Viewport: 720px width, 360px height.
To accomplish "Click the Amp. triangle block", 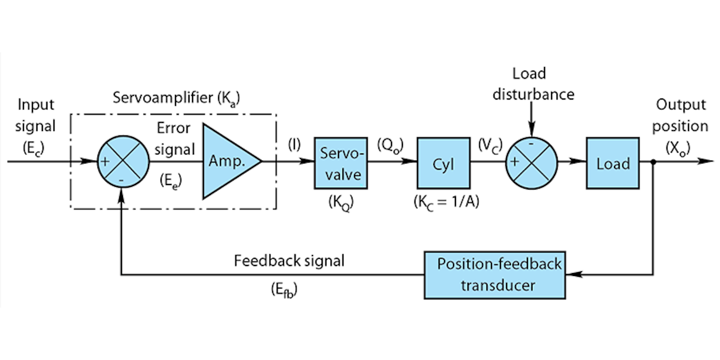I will tap(227, 162).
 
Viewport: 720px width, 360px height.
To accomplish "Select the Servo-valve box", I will tap(339, 163).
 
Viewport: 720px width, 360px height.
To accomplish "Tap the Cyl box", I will tap(443, 163).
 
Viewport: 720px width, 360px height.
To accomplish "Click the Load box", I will tap(613, 163).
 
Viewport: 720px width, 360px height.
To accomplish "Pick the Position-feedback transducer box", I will tap(494, 274).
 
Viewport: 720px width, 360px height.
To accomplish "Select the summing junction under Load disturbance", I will tap(531, 162).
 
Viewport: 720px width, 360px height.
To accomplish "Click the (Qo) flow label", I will tap(390, 145).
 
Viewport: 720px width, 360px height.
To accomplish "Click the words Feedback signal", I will tap(289, 261).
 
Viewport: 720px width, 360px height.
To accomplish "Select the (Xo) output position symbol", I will tap(681, 147).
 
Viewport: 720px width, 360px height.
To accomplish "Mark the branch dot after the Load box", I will tap(653, 161).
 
